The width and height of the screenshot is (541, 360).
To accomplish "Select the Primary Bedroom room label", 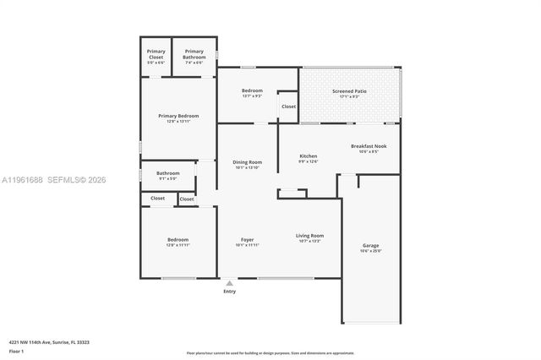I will coord(178,116).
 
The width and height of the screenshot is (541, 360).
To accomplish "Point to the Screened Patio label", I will coord(349,90).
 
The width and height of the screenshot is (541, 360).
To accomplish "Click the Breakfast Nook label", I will coord(369,146).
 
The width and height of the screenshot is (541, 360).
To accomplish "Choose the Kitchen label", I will coord(309,155).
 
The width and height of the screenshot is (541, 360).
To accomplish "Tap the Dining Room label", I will coord(249,161).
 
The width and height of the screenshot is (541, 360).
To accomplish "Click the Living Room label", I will coord(309,236).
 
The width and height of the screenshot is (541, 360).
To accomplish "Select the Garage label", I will coord(371,245).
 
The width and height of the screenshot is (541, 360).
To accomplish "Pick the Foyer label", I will coord(249,240).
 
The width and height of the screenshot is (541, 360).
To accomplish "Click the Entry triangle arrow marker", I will coord(229,283).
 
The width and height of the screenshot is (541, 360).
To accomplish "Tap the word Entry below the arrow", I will coord(229,292).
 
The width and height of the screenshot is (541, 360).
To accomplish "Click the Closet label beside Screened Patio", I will coord(288,106).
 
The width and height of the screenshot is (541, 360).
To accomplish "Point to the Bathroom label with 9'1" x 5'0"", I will coord(167,173).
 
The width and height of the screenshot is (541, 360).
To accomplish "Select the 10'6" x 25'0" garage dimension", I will coord(371,251).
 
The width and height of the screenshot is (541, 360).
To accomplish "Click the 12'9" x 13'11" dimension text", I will coord(178,122).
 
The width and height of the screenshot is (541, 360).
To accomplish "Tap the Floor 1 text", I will coord(16,350).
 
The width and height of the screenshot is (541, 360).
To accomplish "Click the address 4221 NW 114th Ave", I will coord(49,342).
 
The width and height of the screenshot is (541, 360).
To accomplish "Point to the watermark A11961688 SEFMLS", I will coord(54,179).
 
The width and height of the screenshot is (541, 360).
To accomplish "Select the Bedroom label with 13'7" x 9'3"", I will coord(252,90).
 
